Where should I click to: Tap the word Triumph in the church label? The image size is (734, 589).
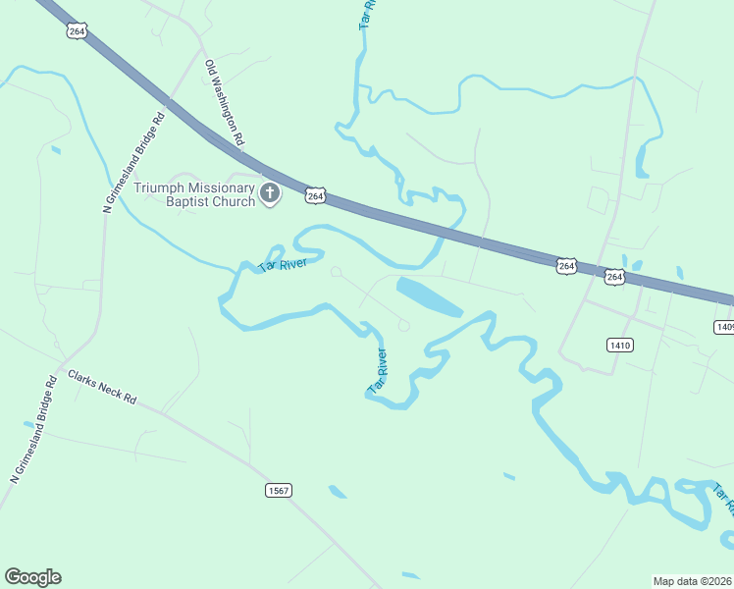tap(162, 187)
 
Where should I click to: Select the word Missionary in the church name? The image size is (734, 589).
tap(223, 187)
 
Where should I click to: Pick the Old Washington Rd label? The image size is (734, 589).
tap(224, 104)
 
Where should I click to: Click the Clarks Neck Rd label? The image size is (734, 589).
tap(101, 389)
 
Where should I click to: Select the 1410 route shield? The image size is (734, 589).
tap(620, 345)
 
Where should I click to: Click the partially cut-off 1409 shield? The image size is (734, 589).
tap(724, 326)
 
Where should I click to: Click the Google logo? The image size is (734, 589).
tap(32, 577)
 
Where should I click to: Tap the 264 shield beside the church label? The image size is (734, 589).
tap(315, 196)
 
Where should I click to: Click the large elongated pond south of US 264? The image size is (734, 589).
tap(428, 295)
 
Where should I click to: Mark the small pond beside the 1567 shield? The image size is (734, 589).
tap(338, 492)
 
